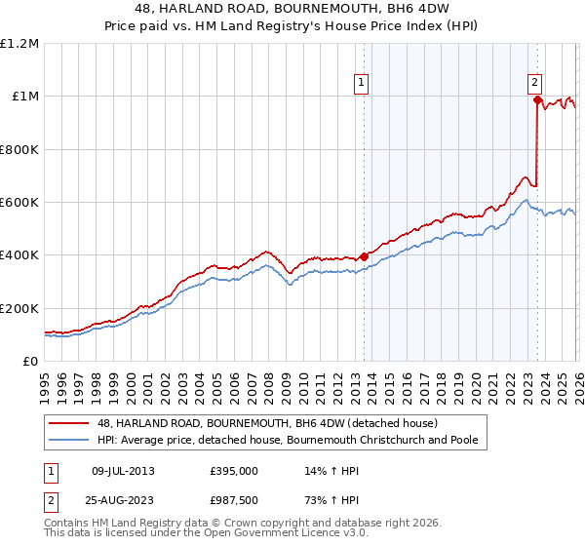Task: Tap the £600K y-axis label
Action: pos(19,203)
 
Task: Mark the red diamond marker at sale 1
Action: pos(364,256)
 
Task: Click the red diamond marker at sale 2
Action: pos(537,98)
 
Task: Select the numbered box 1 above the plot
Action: pos(361,84)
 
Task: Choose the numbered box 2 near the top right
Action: pos(535,84)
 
